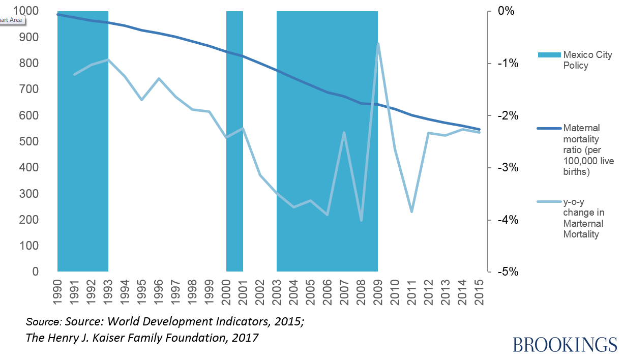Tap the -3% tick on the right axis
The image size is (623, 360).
click(503, 168)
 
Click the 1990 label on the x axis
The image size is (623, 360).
click(58, 292)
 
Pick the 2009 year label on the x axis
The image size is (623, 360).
click(378, 292)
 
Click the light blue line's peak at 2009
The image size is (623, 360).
click(378, 44)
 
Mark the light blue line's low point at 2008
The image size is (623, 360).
click(361, 220)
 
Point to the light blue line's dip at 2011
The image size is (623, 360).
click(411, 212)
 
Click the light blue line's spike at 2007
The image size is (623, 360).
click(344, 133)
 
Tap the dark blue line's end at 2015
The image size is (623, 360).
click(479, 129)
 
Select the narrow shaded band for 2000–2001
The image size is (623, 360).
click(234, 153)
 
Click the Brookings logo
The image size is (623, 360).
click(565, 344)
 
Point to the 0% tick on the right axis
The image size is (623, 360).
click(506, 11)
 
